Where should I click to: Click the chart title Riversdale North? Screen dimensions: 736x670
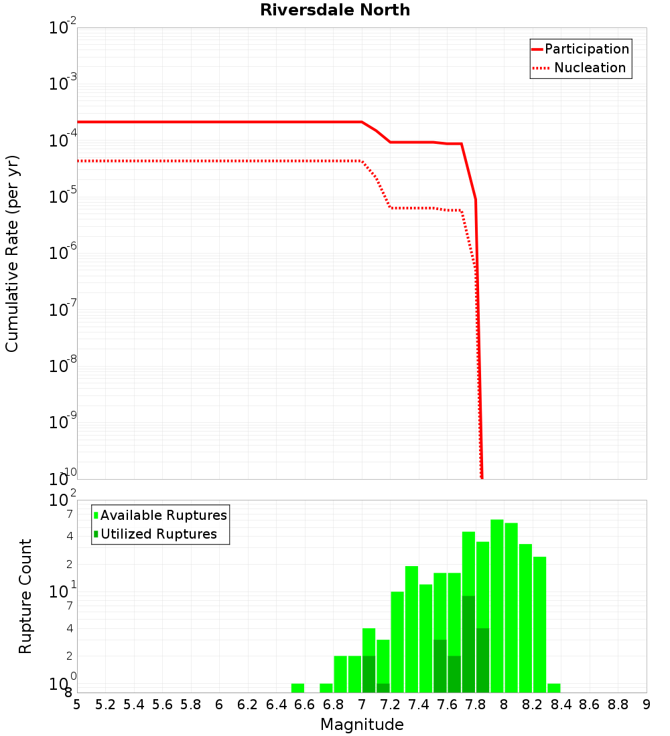click(335, 10)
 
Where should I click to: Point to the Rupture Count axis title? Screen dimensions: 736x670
click(25, 595)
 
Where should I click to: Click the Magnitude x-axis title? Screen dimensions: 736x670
click(362, 725)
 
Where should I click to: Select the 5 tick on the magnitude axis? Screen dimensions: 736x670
click(77, 705)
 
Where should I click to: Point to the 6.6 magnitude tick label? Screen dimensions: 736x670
click(305, 705)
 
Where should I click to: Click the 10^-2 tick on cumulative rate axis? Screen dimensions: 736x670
click(63, 28)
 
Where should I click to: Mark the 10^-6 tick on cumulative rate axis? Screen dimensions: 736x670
click(63, 253)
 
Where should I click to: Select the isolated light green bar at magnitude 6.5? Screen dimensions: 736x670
click(297, 688)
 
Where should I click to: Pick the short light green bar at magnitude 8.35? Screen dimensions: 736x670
click(554, 688)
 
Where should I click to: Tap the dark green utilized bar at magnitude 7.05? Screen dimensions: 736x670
click(368, 674)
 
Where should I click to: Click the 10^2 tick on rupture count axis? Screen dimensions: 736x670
click(63, 500)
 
